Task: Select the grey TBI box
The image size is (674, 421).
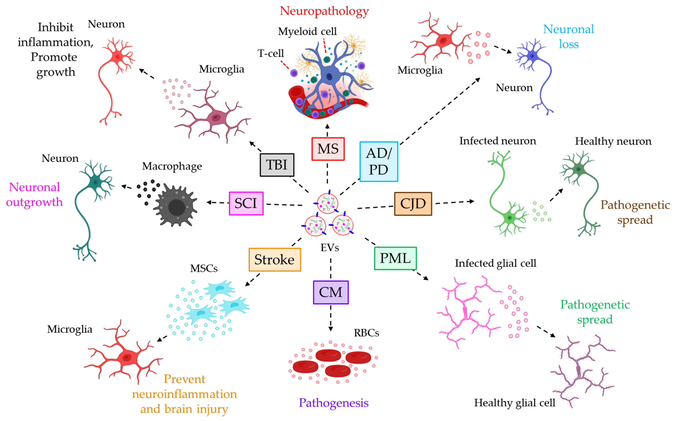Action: pos(277,165)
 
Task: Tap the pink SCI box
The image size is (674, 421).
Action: pos(246,203)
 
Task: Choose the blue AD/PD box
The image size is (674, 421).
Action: pos(379,161)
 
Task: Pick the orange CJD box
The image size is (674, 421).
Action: pos(413,204)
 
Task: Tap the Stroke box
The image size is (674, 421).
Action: pos(275,260)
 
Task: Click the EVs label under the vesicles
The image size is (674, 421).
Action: pos(330,248)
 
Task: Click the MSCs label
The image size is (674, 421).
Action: pos(204,268)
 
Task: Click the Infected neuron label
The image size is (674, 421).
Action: pos(497,141)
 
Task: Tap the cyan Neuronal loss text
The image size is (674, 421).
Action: pos(568,36)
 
